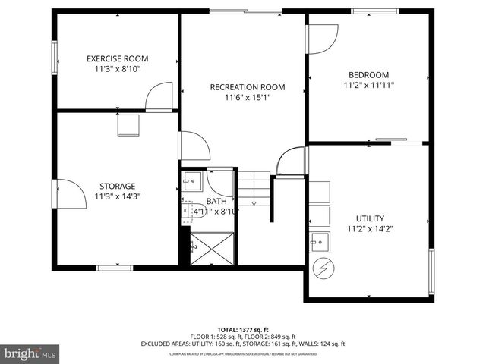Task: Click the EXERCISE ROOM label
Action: click(117, 58)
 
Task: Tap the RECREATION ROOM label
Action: click(248, 87)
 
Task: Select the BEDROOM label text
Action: click(368, 74)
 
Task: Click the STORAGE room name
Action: click(117, 186)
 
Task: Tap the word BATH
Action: click(216, 201)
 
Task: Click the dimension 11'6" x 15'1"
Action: click(248, 97)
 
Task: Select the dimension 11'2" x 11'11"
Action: click(368, 85)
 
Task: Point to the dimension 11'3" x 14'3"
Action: click(117, 196)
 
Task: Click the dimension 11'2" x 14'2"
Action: click(369, 228)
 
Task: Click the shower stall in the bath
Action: click(213, 247)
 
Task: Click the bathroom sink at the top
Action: click(191, 180)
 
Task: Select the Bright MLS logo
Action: click(30, 353)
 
